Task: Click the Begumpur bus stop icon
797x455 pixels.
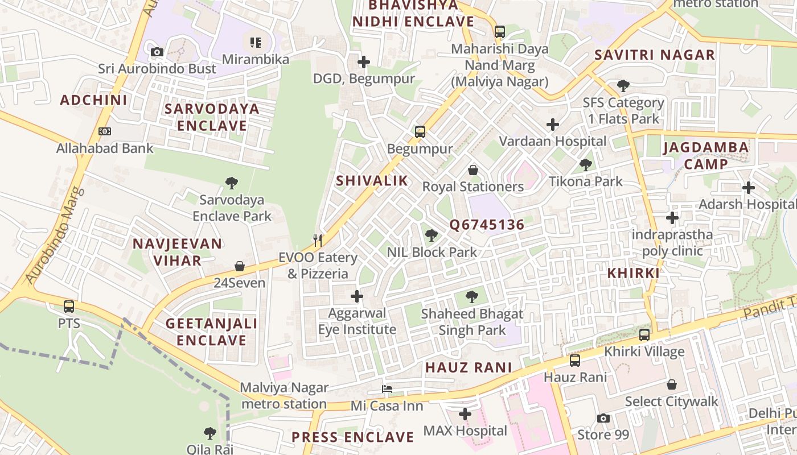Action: [420, 132]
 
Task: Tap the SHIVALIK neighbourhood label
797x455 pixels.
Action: [372, 181]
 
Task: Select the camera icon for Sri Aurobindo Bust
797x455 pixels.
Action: [157, 52]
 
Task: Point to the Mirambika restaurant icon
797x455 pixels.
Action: [256, 42]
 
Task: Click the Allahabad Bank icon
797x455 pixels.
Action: [105, 131]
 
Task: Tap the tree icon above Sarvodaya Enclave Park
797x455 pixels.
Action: [231, 183]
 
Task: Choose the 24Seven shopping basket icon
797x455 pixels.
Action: [240, 266]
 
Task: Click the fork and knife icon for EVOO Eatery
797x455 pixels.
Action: [318, 241]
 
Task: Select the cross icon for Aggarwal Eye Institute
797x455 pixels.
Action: [357, 296]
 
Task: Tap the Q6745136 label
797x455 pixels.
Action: [487, 225]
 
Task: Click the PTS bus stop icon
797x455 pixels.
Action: [69, 307]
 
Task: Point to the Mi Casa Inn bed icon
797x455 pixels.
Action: [387, 389]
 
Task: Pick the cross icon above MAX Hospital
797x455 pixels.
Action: [465, 414]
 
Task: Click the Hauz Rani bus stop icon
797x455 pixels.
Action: [574, 360]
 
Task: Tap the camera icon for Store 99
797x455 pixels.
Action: [603, 419]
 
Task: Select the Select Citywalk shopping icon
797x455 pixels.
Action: [672, 384]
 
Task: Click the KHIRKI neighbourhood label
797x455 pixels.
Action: [633, 273]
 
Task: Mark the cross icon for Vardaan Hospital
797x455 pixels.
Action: [552, 125]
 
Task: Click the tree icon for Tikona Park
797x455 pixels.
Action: [585, 165]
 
